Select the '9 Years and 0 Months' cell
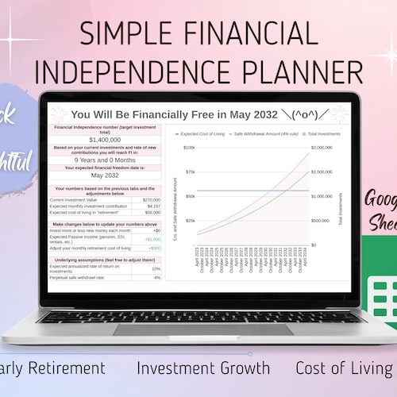[106, 160]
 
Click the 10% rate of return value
[156, 268]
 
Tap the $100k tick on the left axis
[189, 148]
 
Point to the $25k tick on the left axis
[190, 221]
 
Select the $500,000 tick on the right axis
[322, 221]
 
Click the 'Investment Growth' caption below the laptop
[202, 368]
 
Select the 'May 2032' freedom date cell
[106, 175]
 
